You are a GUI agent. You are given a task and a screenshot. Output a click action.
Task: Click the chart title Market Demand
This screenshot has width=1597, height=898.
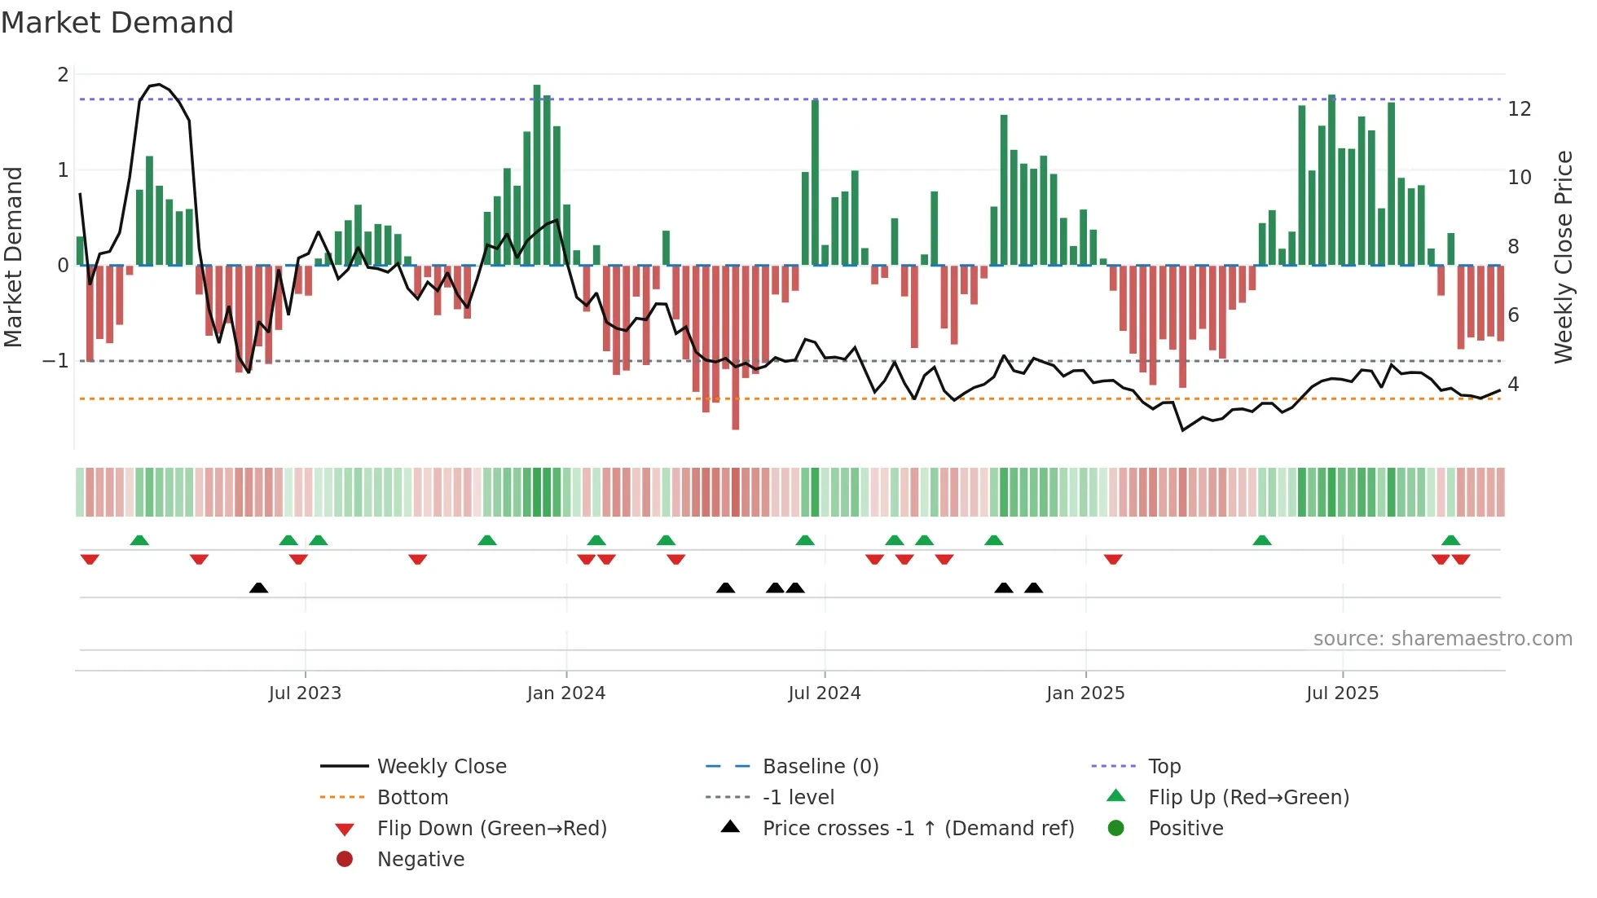coord(117,23)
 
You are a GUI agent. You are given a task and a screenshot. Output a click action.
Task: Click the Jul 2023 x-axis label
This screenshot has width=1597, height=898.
coord(305,693)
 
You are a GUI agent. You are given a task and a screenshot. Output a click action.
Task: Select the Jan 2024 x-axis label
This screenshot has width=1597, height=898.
coord(566,693)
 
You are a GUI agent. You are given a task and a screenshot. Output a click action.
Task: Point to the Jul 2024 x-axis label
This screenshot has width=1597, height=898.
coord(825,693)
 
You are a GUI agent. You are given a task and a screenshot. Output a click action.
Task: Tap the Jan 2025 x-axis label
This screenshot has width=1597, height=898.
coord(1085,693)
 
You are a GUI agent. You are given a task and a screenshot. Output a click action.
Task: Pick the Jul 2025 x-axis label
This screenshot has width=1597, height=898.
coord(1342,693)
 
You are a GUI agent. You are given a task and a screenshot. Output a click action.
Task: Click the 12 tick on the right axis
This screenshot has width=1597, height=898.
coord(1520,109)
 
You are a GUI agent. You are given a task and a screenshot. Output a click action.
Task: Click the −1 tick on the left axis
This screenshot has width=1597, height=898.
coord(55,361)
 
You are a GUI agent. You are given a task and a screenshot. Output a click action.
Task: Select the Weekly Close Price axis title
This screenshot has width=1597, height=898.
coord(1563,257)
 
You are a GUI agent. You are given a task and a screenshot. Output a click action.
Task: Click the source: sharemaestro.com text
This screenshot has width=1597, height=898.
coord(1442,639)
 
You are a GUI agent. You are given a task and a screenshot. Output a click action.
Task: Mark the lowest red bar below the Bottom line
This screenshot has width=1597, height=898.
coord(735,407)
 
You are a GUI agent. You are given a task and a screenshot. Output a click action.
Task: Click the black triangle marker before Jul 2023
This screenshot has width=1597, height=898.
coord(258,588)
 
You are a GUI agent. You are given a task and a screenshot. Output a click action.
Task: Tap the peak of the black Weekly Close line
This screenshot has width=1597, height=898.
coord(159,85)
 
